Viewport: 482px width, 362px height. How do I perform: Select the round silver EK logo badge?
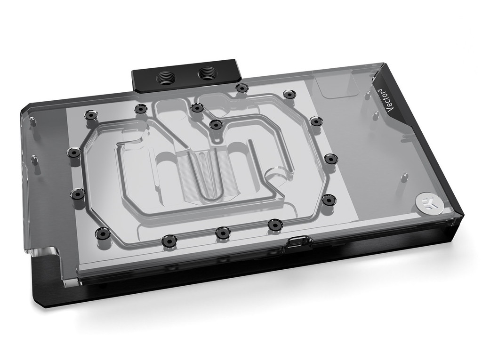click(425, 203)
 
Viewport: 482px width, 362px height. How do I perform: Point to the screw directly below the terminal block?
click(241, 88)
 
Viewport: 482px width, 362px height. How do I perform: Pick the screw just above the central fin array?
click(216, 124)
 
